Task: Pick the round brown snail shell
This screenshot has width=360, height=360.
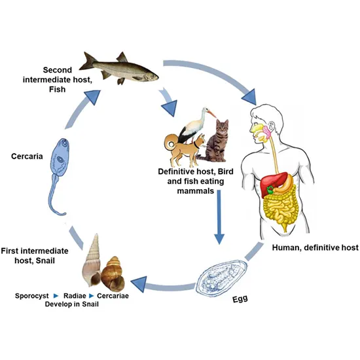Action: pyautogui.click(x=115, y=268)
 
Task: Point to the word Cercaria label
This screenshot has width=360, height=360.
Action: pyautogui.click(x=28, y=156)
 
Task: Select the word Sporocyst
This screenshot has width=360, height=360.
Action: pyautogui.click(x=35, y=295)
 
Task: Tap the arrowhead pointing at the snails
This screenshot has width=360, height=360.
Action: pyautogui.click(x=139, y=283)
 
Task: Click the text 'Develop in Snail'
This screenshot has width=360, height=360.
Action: pyautogui.click(x=74, y=305)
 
